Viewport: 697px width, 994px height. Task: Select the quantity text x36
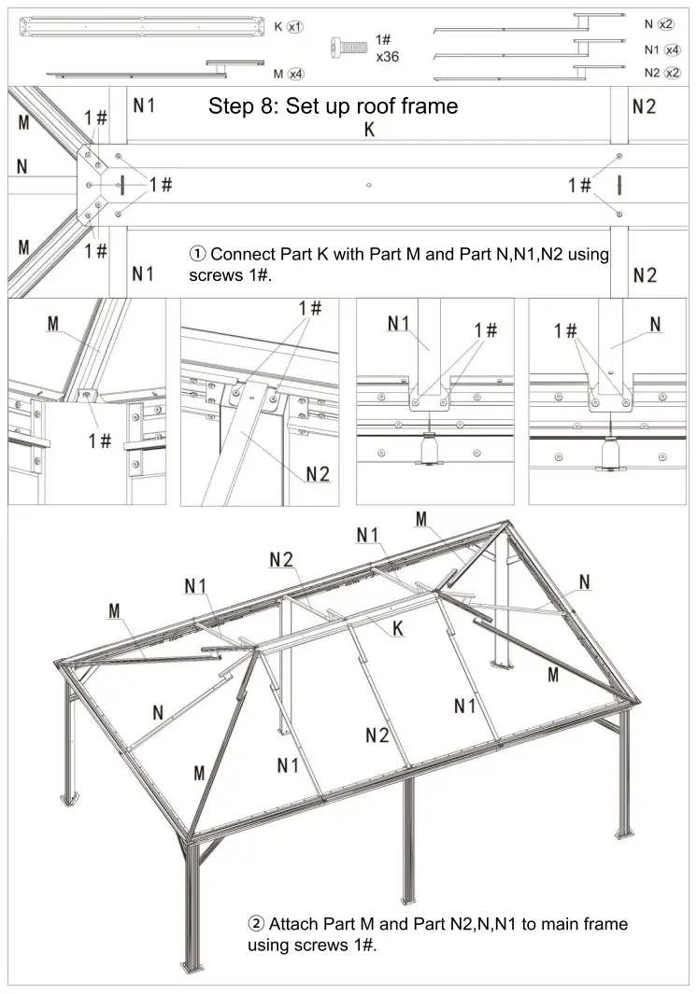tap(388, 56)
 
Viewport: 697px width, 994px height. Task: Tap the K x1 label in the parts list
tap(289, 26)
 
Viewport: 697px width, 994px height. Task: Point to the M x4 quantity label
tap(289, 73)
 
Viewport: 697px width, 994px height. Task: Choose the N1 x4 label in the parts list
tap(661, 49)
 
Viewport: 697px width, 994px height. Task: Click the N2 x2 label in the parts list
tap(661, 73)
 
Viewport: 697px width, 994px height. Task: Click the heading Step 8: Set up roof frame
tap(333, 105)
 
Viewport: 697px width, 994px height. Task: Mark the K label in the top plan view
tap(369, 131)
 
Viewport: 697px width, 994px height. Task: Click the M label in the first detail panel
tap(53, 324)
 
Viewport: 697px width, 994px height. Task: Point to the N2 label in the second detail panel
tap(318, 475)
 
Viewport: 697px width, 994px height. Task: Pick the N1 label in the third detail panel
tap(400, 324)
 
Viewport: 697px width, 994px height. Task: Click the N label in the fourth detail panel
tap(655, 324)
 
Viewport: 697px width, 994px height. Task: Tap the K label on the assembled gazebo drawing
tap(397, 630)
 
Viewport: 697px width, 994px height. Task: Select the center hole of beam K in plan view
tap(370, 185)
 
